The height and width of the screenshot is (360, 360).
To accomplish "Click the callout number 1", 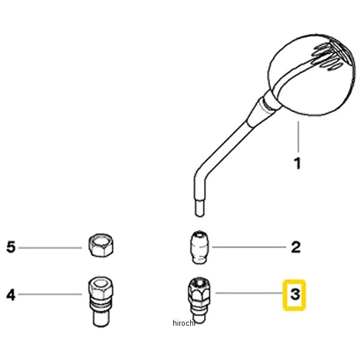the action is (298, 164).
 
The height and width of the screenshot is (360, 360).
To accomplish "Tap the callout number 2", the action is (296, 247).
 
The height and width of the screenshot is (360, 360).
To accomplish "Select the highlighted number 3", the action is (295, 295).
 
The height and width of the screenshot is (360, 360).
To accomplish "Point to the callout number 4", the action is (11, 295).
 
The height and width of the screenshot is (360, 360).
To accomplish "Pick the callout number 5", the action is (11, 247).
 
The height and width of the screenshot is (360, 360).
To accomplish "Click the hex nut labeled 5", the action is (101, 245).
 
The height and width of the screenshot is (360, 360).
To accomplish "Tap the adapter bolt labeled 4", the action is (101, 302).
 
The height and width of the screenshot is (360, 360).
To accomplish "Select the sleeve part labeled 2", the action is (200, 247).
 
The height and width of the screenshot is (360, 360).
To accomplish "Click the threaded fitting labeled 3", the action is (199, 300).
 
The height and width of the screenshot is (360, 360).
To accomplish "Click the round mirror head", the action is (312, 74).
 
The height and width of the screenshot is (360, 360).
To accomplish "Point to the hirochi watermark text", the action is (184, 323).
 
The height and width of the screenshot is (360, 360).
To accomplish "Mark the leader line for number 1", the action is (298, 137).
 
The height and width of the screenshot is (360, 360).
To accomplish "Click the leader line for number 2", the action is (249, 247).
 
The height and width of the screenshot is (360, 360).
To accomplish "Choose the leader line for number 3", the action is (250, 293).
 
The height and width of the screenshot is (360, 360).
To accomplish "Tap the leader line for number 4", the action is (50, 294).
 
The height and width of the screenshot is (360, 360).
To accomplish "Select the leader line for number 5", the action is (50, 248).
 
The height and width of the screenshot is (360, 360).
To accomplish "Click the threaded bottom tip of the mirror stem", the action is (200, 208).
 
